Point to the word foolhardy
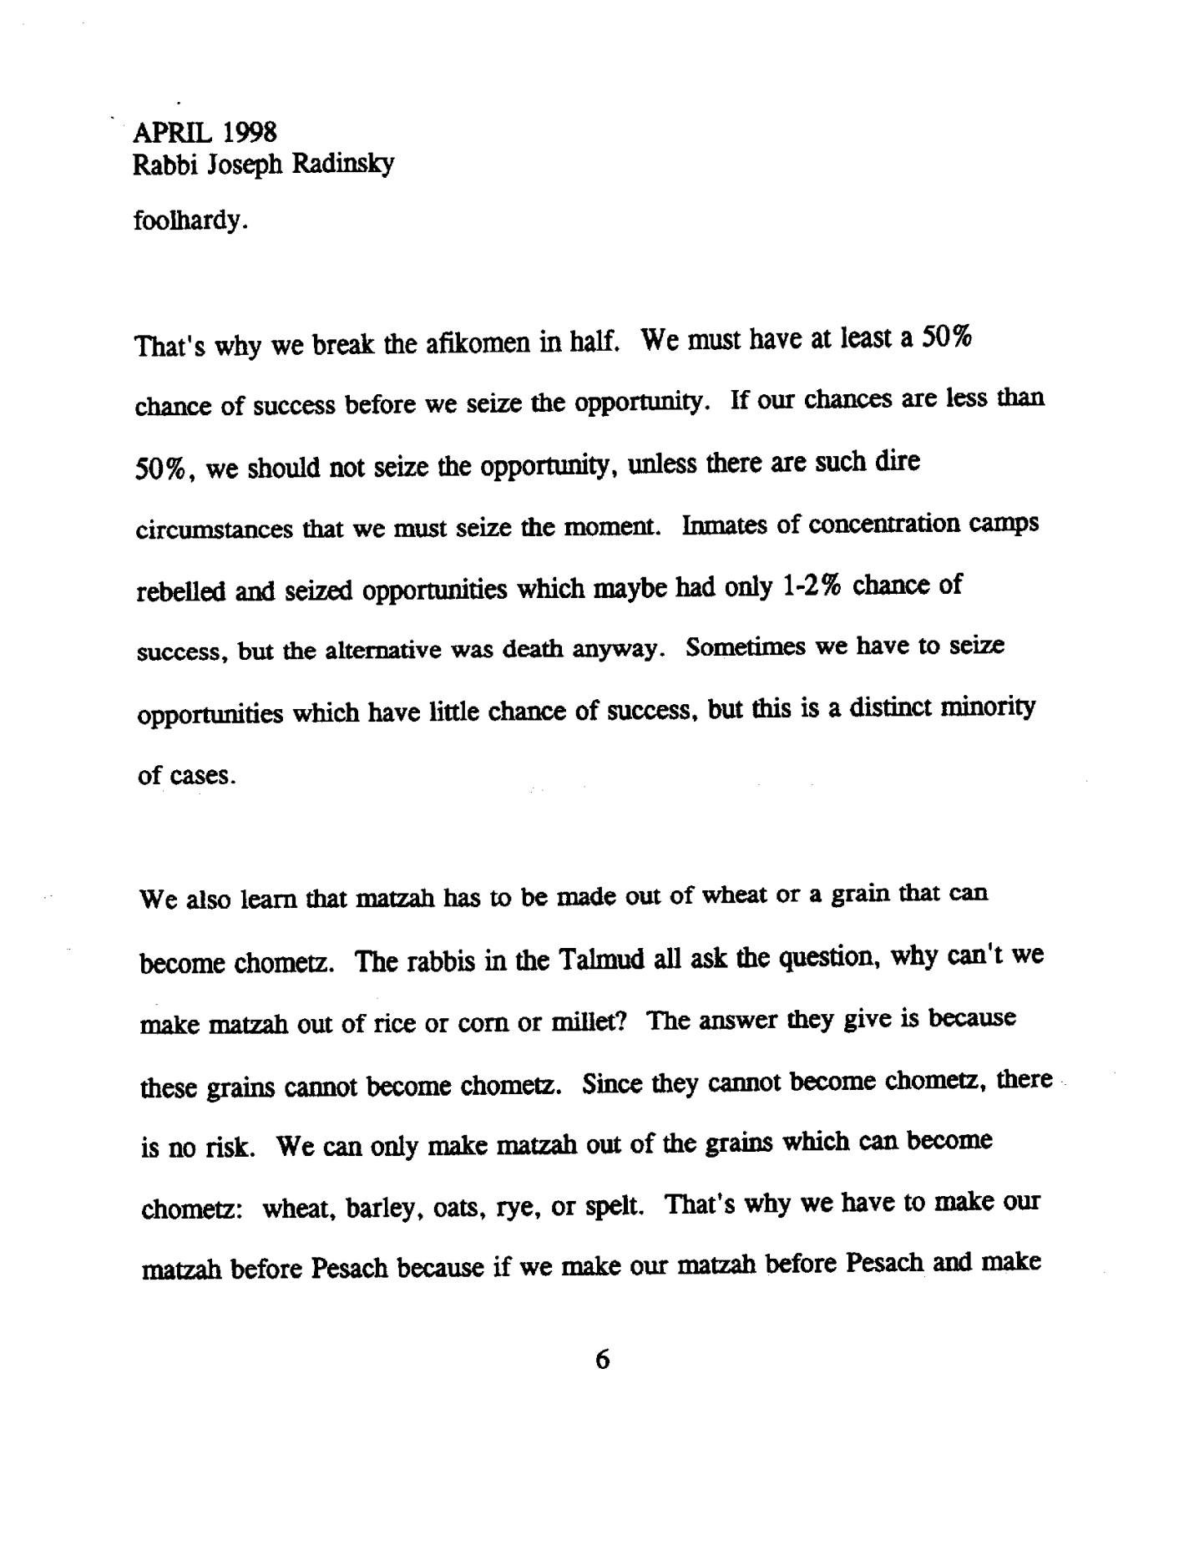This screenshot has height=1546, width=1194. coord(189,222)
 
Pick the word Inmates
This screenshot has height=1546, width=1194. coord(722,526)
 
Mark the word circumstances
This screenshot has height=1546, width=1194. coord(212,530)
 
